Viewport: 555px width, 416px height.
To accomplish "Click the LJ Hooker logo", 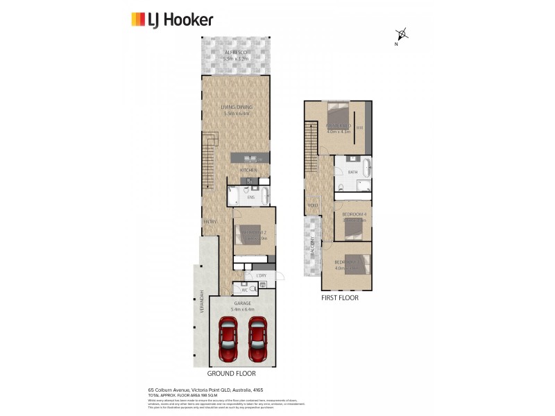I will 172,20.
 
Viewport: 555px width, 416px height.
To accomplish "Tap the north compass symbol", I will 401,35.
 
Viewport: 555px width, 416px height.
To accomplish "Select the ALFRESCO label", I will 236,53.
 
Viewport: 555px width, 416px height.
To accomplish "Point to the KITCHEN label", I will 248,170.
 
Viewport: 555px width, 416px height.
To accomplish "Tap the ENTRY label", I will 210,222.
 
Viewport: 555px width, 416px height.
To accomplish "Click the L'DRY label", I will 261,275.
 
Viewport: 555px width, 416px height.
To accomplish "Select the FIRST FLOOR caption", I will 340,298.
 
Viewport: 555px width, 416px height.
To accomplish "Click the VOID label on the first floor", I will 312,205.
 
